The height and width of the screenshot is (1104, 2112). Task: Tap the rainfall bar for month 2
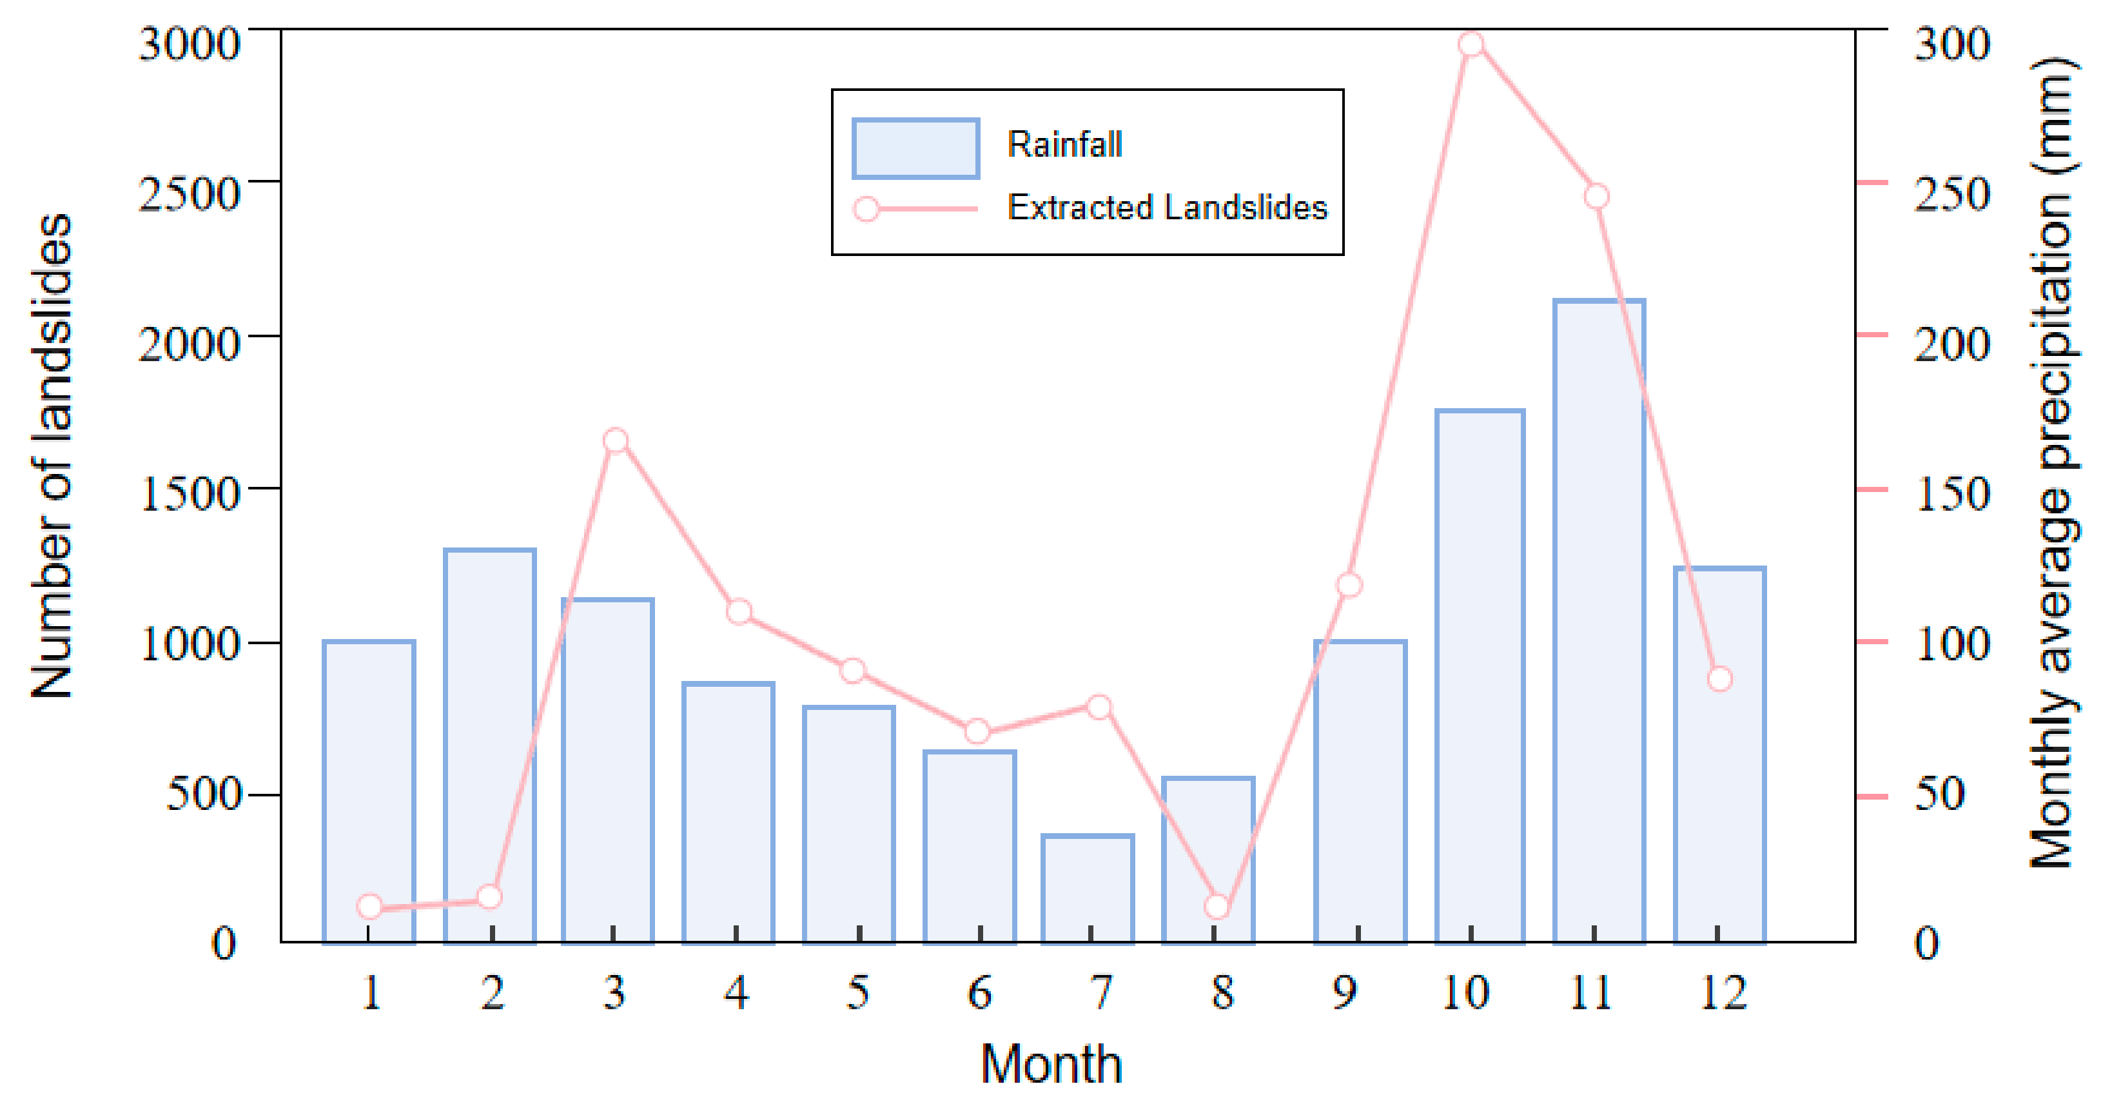pyautogui.click(x=489, y=746)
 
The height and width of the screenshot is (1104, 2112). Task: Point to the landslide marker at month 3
pyautogui.click(x=616, y=440)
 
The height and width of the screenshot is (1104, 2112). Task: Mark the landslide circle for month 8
pyautogui.click(x=1218, y=906)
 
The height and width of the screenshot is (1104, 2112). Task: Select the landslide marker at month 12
pyautogui.click(x=1720, y=679)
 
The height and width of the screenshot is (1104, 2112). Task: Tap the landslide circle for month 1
pyautogui.click(x=370, y=906)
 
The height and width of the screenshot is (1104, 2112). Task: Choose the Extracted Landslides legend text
pyautogui.click(x=1167, y=208)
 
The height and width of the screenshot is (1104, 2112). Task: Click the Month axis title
pyautogui.click(x=1051, y=1064)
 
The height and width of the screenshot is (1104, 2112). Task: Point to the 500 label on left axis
pyautogui.click(x=203, y=794)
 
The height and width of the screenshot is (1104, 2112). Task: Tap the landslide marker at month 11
pyautogui.click(x=1596, y=197)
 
